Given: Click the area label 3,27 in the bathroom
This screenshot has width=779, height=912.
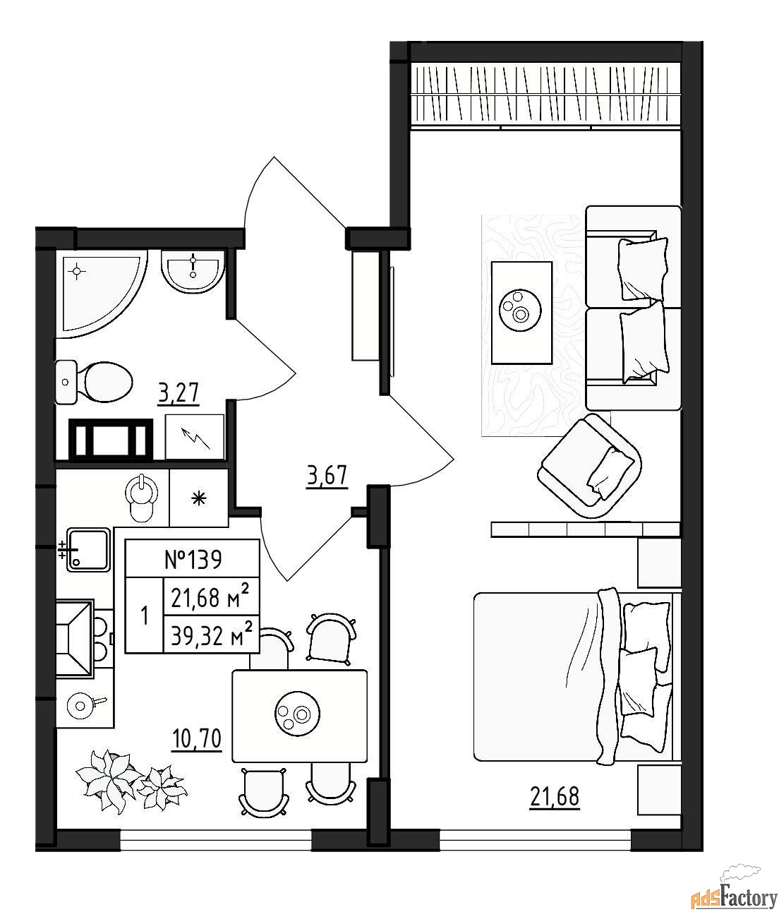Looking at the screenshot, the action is coord(179,393).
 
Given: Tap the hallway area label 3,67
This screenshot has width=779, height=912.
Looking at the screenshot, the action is coord(327,476).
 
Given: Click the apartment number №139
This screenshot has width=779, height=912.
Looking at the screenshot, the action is coord(193,560).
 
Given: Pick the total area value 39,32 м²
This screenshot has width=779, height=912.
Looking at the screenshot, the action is coord(212,636).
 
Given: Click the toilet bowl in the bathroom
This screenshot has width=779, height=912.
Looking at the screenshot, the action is coord(94,383).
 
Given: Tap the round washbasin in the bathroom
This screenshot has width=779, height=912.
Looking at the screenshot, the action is coord(193,272).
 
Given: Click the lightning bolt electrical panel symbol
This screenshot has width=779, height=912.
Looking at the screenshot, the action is coord(195,437).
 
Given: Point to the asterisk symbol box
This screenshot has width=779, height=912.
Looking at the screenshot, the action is coord(198,498).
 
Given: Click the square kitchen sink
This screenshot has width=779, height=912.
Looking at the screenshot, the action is coord(87,550).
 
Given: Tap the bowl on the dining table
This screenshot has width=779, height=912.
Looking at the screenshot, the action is coord(297,713).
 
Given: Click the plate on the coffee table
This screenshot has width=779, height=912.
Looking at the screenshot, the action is coord(520,310).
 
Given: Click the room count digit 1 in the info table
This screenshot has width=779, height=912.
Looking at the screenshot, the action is coord(144,616).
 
